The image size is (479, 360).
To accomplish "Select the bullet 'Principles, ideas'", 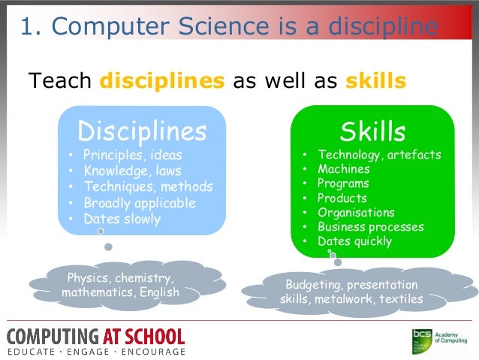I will [133, 156].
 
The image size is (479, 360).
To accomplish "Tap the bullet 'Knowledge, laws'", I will [131, 171].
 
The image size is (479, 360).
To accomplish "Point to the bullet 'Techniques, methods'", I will [147, 186].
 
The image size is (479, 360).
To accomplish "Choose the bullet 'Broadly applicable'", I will [139, 203].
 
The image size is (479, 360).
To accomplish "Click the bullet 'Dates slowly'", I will [122, 219].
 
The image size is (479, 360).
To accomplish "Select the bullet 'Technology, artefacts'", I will [378, 155].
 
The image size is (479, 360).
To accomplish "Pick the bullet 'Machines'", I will [343, 169].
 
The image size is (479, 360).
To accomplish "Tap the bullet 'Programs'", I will [343, 183].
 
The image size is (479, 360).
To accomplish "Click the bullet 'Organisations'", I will [355, 213].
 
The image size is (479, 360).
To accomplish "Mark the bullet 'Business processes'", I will [370, 227].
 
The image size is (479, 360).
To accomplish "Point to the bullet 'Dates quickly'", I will [354, 241].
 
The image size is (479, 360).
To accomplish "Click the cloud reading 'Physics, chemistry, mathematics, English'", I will [121, 284].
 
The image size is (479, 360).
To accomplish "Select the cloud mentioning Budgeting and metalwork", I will [351, 292].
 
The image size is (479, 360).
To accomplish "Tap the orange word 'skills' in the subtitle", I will [376, 80].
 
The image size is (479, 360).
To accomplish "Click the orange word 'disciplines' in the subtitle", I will [162, 80].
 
